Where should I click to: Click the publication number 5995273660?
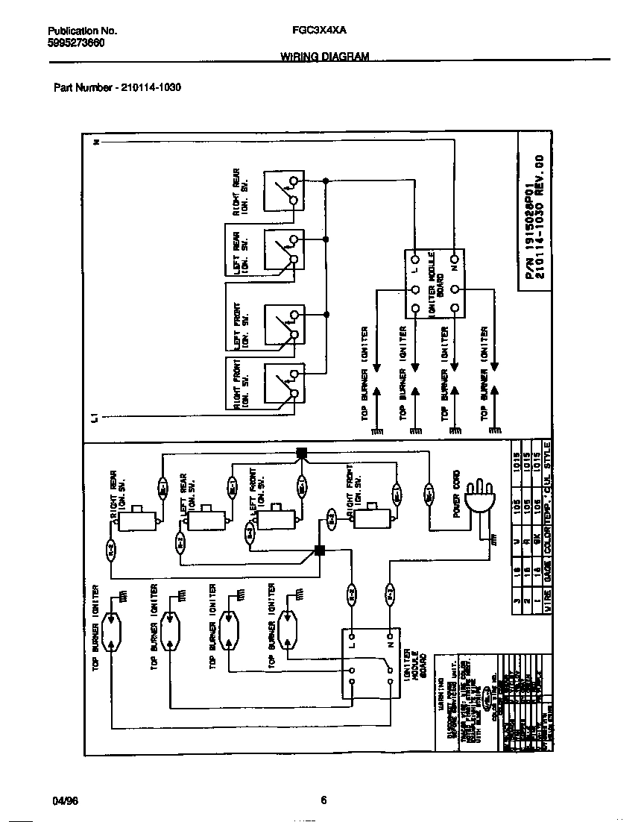click(76, 43)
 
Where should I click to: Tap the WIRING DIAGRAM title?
click(324, 57)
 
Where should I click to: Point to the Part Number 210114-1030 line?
click(118, 87)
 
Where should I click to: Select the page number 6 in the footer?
click(323, 801)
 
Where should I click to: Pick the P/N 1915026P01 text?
click(530, 216)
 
